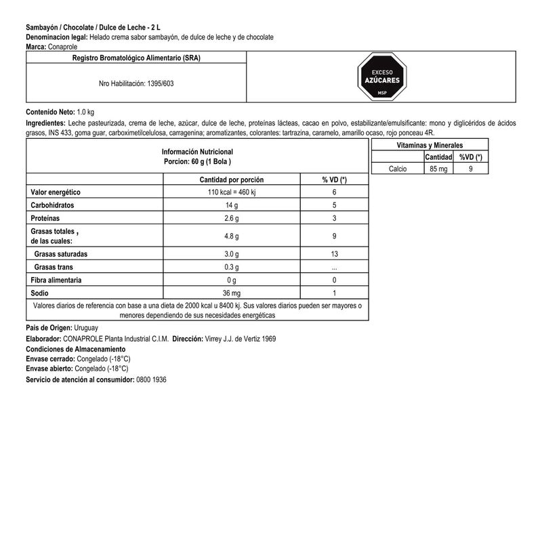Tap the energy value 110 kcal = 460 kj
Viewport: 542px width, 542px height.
click(x=231, y=192)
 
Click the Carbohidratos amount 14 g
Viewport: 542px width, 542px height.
click(x=232, y=205)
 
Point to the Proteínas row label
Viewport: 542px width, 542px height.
click(x=45, y=218)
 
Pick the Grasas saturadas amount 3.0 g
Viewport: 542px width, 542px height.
click(x=232, y=254)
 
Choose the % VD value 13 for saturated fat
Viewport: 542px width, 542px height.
click(x=335, y=254)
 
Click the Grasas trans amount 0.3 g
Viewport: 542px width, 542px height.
click(x=232, y=267)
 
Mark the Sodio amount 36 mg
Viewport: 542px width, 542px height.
click(x=232, y=293)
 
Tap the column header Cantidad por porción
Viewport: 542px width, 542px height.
click(x=231, y=180)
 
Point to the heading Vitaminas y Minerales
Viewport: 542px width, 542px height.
click(x=429, y=146)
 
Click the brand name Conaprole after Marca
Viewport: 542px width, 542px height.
click(x=66, y=47)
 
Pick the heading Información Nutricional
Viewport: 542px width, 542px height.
click(x=197, y=152)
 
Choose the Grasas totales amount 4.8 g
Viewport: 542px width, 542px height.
click(x=232, y=235)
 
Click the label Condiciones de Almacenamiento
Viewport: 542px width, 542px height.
click(x=75, y=348)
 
